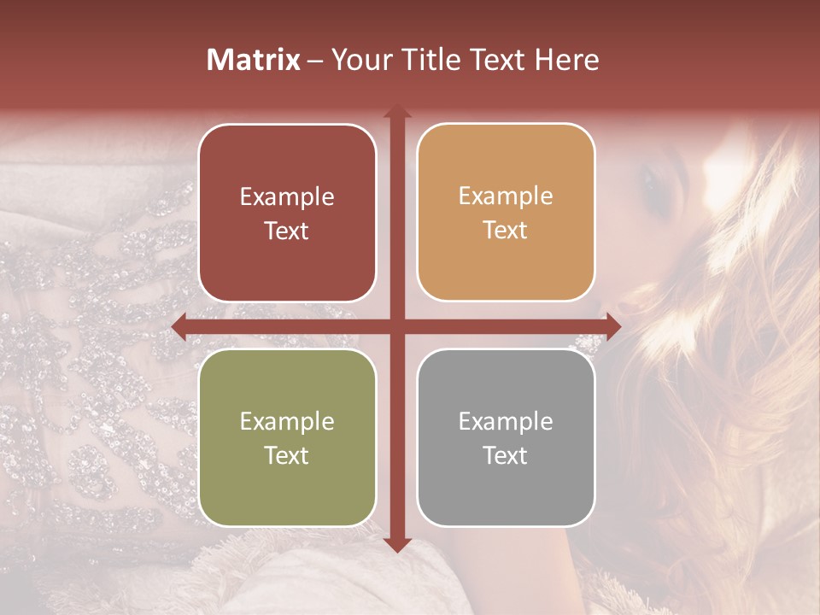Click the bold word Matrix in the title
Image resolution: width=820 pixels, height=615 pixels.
click(254, 60)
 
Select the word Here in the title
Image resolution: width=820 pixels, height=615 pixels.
click(566, 60)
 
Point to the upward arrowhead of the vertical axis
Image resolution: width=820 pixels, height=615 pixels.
click(397, 112)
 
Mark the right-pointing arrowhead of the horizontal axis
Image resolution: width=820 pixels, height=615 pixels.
click(612, 326)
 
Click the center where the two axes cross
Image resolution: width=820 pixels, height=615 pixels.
click(397, 326)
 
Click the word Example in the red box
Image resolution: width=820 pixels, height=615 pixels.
click(287, 197)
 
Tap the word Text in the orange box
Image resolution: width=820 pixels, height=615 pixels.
click(506, 231)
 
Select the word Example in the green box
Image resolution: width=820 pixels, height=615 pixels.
click(287, 422)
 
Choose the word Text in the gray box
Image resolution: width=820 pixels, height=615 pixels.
click(506, 455)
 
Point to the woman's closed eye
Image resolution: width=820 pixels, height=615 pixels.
click(653, 182)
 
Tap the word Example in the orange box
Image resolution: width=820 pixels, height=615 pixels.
click(506, 196)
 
